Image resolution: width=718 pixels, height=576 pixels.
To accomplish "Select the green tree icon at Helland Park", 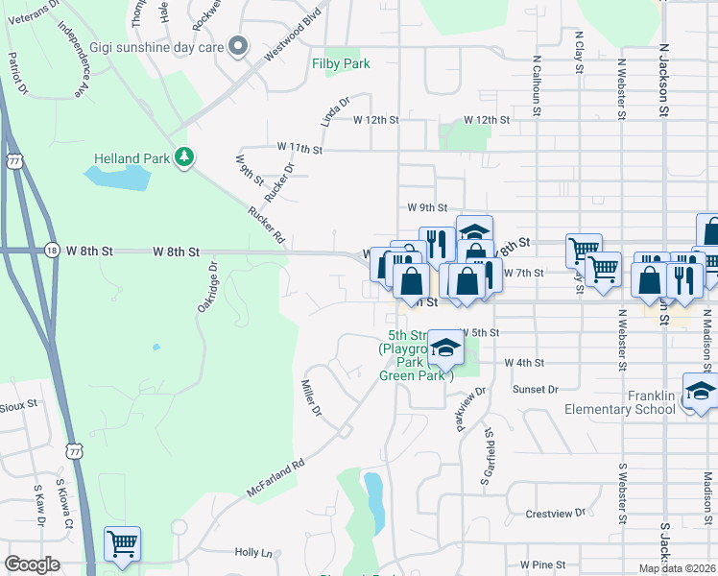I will (x=183, y=157).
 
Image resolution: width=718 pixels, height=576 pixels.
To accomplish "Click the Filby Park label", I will (x=340, y=64).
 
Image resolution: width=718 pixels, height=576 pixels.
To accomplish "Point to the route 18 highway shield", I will (x=51, y=251).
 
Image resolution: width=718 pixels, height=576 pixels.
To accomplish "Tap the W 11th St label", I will (x=299, y=148).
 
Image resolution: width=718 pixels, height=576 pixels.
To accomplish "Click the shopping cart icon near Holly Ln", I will (x=122, y=545).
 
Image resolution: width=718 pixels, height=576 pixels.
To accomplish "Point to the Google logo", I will (x=33, y=564).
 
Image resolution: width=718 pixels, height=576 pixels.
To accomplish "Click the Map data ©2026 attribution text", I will (x=677, y=568).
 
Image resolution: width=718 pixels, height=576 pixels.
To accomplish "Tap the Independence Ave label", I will (x=76, y=61).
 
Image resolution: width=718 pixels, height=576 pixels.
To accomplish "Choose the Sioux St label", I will (x=19, y=406).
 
